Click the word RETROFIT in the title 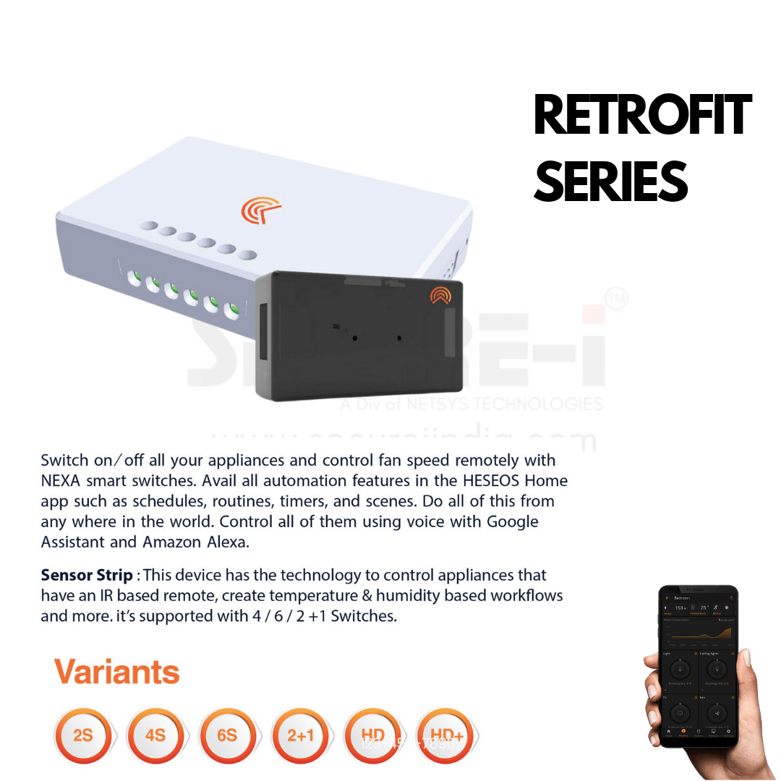pyautogui.click(x=642, y=116)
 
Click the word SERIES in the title pyautogui.click(x=610, y=182)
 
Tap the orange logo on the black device pyautogui.click(x=440, y=295)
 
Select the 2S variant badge pyautogui.click(x=83, y=735)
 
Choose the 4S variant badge pyautogui.click(x=155, y=735)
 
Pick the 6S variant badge pyautogui.click(x=228, y=735)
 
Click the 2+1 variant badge pyautogui.click(x=300, y=735)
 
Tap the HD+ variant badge pyautogui.click(x=445, y=735)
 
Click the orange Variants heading pyautogui.click(x=116, y=672)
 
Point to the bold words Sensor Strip pyautogui.click(x=87, y=576)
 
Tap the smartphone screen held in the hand pyautogui.click(x=698, y=665)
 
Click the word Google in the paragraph pyautogui.click(x=513, y=521)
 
